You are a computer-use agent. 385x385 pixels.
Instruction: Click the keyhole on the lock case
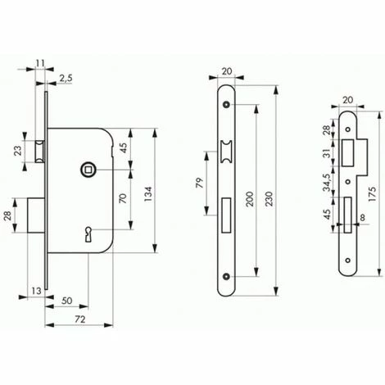click(x=88, y=234)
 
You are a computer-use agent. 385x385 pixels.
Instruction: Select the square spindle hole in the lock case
click(x=88, y=170)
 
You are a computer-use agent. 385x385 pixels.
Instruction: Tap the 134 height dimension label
click(x=147, y=194)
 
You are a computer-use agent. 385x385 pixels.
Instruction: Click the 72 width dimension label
click(x=79, y=319)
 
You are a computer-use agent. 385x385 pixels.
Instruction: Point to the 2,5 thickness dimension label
click(x=66, y=79)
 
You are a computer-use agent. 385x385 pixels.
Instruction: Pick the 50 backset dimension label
click(x=66, y=301)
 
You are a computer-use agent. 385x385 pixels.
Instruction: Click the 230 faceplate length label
click(x=269, y=199)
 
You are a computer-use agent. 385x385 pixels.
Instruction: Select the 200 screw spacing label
click(x=250, y=199)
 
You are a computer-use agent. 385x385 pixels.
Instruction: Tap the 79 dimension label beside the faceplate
click(x=200, y=183)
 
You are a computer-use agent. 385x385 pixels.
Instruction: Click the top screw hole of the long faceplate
click(x=225, y=104)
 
